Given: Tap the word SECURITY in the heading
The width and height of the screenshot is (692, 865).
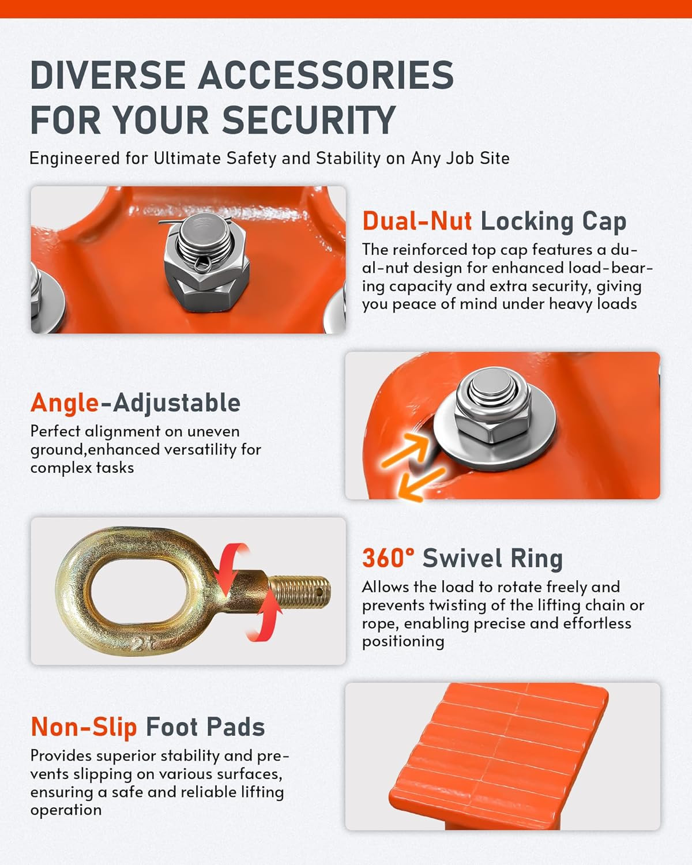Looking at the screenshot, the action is [x=309, y=120].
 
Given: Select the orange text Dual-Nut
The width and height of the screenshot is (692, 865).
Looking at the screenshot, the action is [x=417, y=221].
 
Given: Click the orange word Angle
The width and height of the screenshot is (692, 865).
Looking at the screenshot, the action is [x=65, y=403].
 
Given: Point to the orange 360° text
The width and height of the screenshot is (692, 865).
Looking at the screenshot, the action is [x=388, y=558].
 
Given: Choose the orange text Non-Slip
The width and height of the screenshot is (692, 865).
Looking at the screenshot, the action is [x=84, y=728].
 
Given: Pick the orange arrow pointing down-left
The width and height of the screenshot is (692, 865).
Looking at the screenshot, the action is [x=422, y=484].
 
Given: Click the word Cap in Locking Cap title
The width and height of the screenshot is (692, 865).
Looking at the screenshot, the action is [x=604, y=222].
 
